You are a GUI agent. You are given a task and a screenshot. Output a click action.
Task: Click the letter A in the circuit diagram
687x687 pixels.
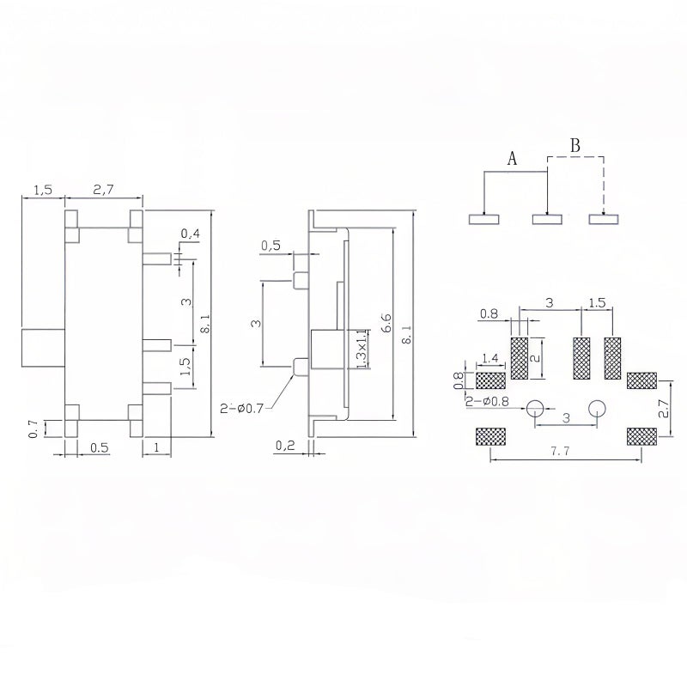point(512,159)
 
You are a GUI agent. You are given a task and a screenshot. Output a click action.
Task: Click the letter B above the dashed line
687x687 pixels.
point(575,145)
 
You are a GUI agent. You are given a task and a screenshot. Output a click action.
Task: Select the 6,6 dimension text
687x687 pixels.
point(387,322)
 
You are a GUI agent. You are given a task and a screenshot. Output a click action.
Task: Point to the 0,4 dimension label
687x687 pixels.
point(191,234)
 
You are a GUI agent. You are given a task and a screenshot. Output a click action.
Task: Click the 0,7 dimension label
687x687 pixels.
point(33,428)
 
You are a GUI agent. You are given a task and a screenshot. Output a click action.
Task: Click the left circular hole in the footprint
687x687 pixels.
point(536,409)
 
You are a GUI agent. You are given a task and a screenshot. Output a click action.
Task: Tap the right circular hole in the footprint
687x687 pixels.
point(596,409)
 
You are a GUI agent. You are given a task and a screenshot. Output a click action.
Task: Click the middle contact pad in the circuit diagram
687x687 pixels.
point(548,219)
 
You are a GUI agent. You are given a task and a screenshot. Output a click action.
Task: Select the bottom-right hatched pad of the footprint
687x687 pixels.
point(641,436)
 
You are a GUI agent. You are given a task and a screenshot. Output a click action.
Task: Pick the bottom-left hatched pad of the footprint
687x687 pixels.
point(490,436)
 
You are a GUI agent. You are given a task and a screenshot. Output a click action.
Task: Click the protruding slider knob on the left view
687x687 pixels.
point(42,346)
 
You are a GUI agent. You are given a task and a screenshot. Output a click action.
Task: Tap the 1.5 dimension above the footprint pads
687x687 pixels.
point(597,303)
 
